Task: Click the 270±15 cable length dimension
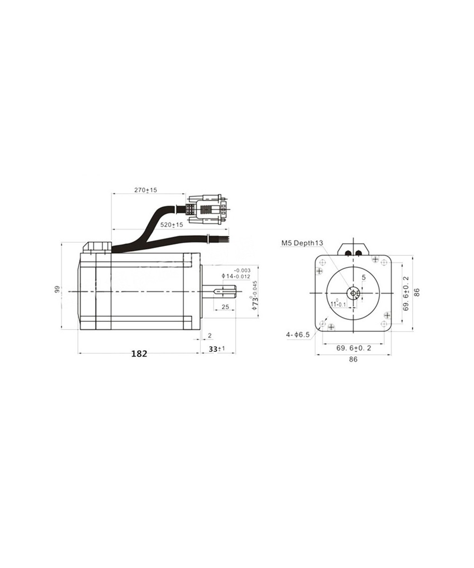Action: pos(146,190)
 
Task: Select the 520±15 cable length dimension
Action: pos(171,224)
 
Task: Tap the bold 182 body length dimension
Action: pos(139,353)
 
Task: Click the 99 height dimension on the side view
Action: pos(56,289)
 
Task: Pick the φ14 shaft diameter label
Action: pos(235,275)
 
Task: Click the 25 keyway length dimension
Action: pos(225,307)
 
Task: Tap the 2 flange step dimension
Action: pos(210,336)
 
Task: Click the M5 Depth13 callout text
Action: pos(302,243)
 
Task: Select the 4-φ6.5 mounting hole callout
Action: pos(298,334)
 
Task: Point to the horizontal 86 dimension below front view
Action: pos(353,359)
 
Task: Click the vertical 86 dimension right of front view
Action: pos(417,292)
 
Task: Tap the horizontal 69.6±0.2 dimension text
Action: pos(354,348)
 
